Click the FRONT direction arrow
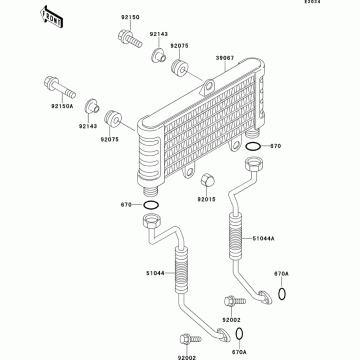[52, 16]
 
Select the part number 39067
[224, 58]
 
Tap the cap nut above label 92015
[207, 179]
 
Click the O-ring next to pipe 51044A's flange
[282, 293]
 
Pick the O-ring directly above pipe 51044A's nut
[253, 146]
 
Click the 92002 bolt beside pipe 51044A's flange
[233, 301]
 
